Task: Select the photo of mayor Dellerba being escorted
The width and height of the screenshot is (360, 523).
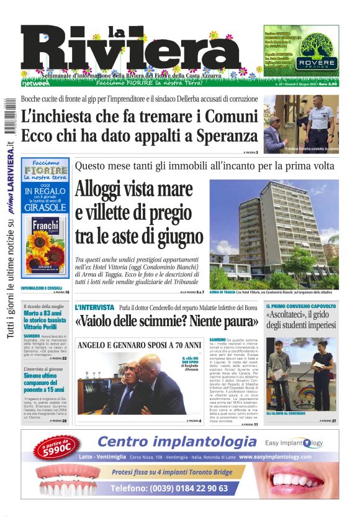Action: click(x=300, y=124)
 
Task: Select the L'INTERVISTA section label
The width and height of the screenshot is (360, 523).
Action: click(x=94, y=307)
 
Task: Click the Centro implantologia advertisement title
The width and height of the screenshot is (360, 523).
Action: click(x=177, y=442)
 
